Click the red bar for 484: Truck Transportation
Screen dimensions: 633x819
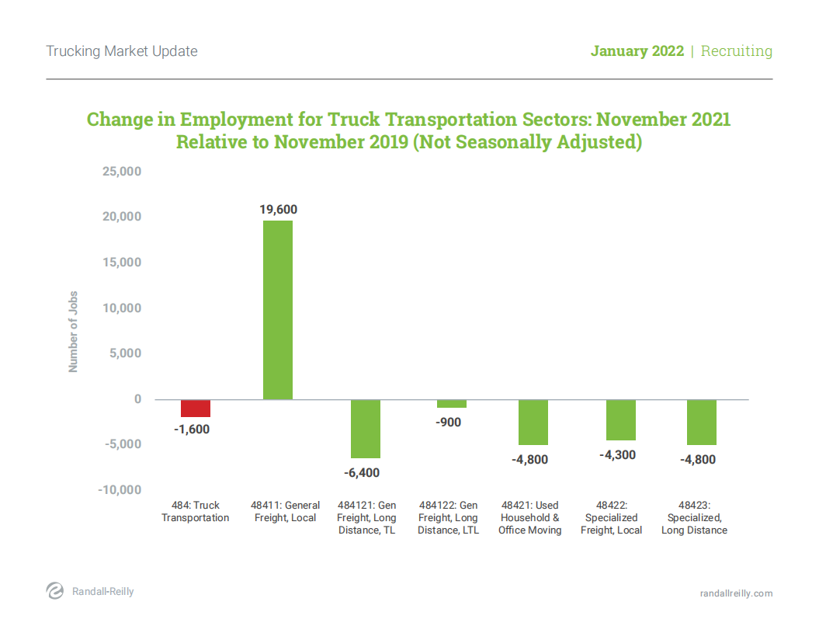[196, 409]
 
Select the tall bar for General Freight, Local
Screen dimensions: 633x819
[278, 310]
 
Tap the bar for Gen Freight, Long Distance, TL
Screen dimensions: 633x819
[366, 429]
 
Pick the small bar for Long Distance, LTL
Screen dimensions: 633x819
[452, 404]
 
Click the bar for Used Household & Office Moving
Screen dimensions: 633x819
[533, 423]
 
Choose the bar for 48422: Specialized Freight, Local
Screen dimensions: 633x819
[621, 420]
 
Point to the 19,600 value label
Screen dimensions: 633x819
[278, 210]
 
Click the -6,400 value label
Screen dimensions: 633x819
[362, 472]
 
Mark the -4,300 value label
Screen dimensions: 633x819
[617, 455]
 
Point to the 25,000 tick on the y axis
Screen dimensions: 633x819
[121, 171]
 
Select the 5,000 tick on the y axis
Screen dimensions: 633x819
[126, 353]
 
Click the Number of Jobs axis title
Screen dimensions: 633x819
[74, 332]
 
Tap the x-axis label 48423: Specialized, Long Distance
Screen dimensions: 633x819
[694, 518]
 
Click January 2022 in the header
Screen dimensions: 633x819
[637, 51]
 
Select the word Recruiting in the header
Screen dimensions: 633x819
[736, 51]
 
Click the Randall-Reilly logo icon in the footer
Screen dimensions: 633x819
[55, 591]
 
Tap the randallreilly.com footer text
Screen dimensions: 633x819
[736, 593]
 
